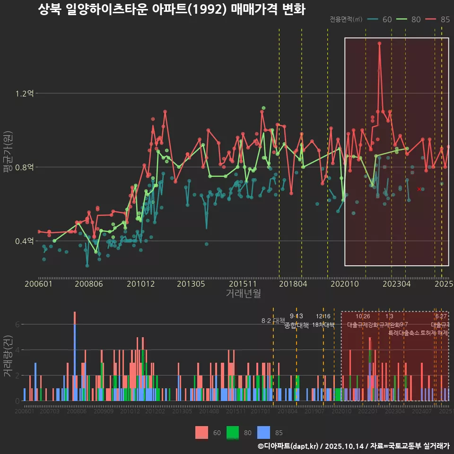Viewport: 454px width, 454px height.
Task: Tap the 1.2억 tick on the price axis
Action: pos(25,94)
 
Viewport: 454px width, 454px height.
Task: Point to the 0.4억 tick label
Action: pos(25,241)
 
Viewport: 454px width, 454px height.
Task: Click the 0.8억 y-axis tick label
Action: pos(25,167)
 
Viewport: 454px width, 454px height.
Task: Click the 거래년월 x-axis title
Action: pos(243,294)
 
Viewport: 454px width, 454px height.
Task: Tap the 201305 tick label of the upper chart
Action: pos(191,284)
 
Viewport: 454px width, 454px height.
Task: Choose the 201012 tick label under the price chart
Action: pos(141,284)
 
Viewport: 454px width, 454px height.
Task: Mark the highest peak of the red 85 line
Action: pos(379,44)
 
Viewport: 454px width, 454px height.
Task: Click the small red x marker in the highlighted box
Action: pos(419,189)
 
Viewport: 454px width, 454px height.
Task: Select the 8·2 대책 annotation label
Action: pos(273,321)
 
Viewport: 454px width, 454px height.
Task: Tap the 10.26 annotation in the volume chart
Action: pos(363,316)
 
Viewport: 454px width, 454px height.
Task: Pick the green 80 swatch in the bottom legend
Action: pos(233,432)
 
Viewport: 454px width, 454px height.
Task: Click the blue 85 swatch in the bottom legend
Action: pos(263,432)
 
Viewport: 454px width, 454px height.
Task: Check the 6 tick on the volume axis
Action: pos(17,324)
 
